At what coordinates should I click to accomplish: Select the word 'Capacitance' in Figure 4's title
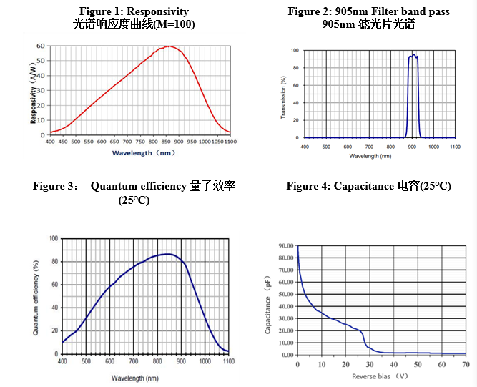363,186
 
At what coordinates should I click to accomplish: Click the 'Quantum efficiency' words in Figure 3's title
138,186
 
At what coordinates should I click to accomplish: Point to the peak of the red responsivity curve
169,46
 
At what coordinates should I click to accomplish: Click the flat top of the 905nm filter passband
413,56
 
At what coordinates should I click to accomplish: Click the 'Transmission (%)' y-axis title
285,93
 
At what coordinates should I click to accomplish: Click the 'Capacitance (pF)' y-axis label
268,300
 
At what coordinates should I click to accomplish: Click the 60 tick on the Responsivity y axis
41,46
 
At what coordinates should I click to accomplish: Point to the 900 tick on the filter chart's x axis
412,146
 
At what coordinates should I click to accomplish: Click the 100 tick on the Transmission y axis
295,51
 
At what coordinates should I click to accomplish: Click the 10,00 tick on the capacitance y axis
285,342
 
